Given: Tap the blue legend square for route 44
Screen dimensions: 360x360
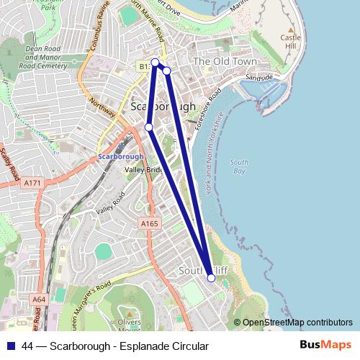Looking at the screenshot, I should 12,346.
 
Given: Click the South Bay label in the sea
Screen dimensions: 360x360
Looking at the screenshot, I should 238,167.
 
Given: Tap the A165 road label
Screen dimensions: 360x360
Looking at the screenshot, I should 149,225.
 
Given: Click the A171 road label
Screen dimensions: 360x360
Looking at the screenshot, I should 32,184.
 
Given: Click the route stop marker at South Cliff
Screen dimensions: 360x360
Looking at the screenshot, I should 211,277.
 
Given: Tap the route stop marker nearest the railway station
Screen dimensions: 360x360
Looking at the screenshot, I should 149,127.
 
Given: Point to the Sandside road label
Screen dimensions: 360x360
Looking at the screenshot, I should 259,76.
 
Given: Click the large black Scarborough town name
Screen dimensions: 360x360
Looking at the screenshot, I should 163,106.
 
